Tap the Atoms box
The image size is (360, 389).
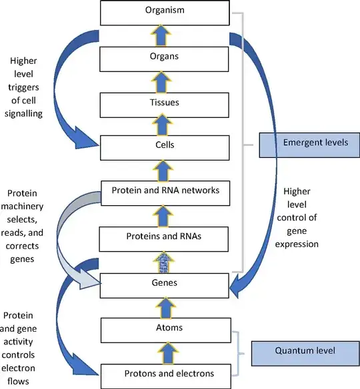point(164,329)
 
